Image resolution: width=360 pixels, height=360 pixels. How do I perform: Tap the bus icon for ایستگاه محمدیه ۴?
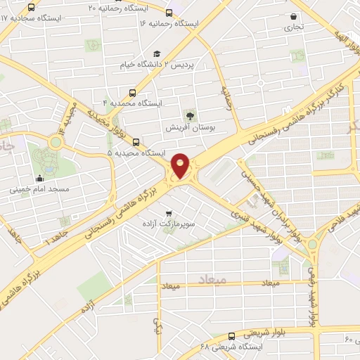(x=134, y=92)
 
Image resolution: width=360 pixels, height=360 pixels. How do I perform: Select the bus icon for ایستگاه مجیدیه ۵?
(x=136, y=141)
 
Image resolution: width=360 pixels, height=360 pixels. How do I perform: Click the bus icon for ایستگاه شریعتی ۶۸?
(x=232, y=336)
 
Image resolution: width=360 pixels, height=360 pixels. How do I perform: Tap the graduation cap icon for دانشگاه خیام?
(x=157, y=53)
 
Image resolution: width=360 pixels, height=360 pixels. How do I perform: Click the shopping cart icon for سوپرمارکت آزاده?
(x=168, y=212)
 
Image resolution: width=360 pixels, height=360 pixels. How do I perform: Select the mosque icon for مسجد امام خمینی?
(x=39, y=179)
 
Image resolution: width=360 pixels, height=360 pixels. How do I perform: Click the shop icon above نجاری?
(x=293, y=16)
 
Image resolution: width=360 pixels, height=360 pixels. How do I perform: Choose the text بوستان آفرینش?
(x=189, y=128)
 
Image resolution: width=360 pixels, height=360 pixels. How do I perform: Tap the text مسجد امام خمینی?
(x=39, y=190)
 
